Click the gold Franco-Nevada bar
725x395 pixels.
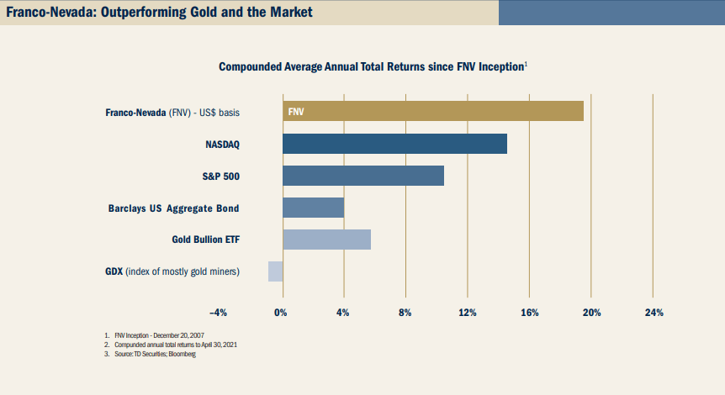433,111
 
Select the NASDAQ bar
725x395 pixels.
394,143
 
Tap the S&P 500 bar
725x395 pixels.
362,176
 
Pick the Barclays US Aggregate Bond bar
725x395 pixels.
313,208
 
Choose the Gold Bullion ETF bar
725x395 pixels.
326,240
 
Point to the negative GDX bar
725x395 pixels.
275,271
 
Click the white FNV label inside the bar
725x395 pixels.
296,111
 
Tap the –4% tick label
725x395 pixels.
218,313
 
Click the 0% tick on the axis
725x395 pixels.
281,313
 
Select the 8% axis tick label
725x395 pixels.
405,313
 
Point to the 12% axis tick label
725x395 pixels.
468,313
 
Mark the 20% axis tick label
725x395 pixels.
591,313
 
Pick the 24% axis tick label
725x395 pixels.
654,313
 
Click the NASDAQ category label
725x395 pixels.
223,144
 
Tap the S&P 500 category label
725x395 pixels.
222,176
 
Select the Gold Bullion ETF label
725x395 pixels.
206,240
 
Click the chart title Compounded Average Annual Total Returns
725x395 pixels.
372,66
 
